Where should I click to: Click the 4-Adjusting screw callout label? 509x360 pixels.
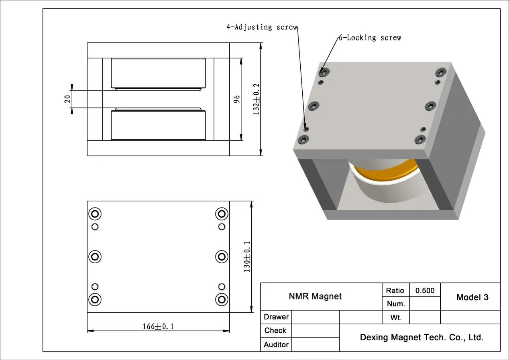click(x=262, y=27)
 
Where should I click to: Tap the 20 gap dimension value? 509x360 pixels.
click(x=68, y=99)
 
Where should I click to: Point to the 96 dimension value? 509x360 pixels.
click(x=237, y=99)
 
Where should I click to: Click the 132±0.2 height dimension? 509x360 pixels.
click(x=257, y=99)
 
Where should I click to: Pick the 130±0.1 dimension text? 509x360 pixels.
click(x=247, y=257)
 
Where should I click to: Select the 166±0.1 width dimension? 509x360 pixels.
click(x=158, y=326)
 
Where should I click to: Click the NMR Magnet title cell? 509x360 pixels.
click(x=315, y=297)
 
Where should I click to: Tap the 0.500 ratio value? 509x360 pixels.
click(x=425, y=291)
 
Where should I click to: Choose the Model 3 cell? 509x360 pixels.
click(x=472, y=297)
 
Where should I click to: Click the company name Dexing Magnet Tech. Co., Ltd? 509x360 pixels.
click(x=421, y=338)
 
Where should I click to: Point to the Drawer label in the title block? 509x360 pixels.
click(x=276, y=317)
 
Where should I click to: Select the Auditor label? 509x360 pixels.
click(x=276, y=345)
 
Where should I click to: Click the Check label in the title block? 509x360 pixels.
click(x=275, y=331)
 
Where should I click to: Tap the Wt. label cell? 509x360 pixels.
click(x=396, y=318)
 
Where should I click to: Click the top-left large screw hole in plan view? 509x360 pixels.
click(x=95, y=214)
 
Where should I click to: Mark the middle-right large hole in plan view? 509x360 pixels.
click(x=222, y=256)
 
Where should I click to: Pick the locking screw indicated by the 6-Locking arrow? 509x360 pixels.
click(x=324, y=72)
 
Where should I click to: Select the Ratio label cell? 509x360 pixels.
click(x=395, y=291)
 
